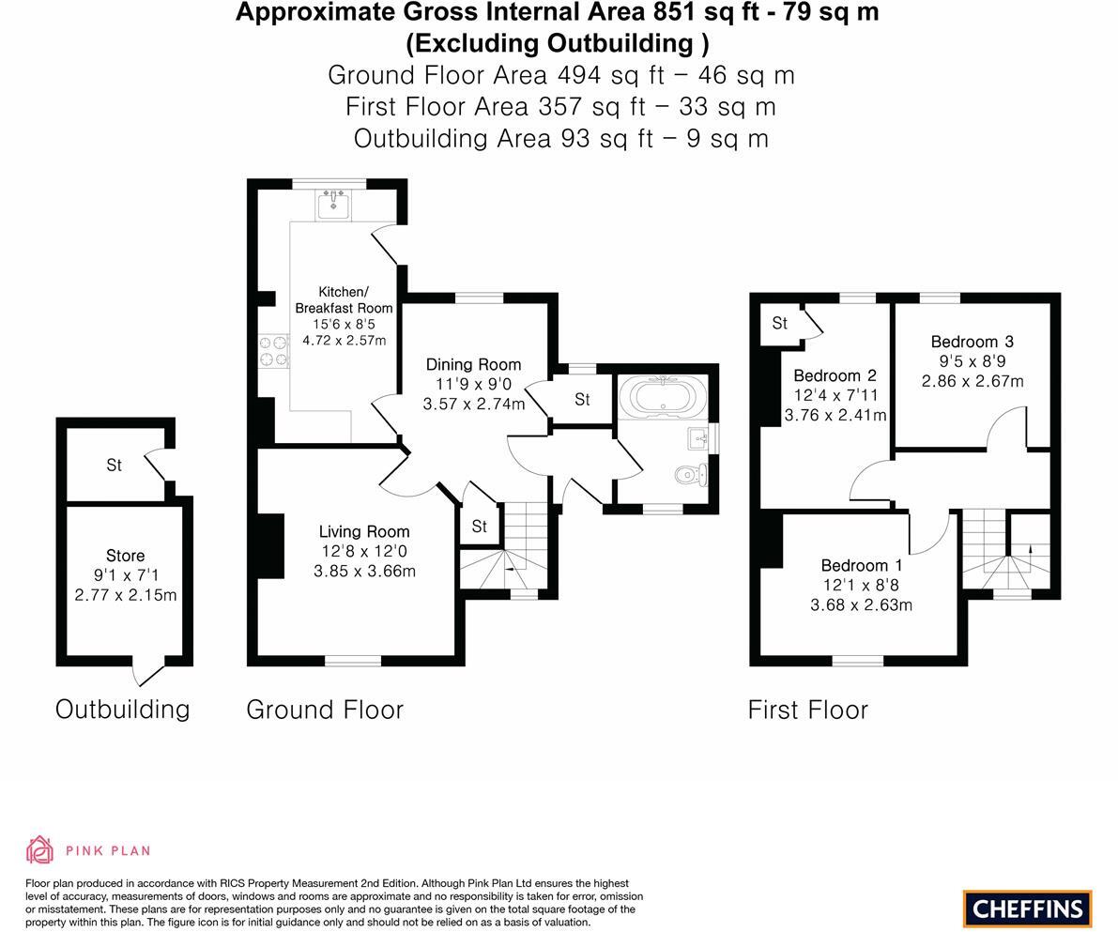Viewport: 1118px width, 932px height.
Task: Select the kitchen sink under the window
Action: [x=333, y=204]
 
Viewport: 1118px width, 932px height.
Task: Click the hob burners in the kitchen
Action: [x=273, y=351]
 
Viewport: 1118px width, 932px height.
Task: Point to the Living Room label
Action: [x=363, y=531]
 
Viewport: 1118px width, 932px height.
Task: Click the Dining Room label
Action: [x=473, y=364]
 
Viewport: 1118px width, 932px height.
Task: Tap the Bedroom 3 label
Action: [x=972, y=342]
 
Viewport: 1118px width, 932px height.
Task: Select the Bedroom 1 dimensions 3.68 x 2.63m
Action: [x=861, y=604]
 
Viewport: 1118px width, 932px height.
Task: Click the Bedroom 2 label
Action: [x=835, y=375]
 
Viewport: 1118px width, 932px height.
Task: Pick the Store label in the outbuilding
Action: [x=125, y=556]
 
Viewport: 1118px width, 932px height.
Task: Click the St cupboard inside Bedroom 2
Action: [x=779, y=324]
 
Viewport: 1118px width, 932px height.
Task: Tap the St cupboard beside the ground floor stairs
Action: [x=479, y=527]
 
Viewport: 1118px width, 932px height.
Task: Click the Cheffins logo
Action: [x=1027, y=909]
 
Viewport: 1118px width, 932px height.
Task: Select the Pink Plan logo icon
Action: [x=39, y=849]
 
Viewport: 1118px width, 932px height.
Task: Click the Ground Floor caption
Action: [x=325, y=710]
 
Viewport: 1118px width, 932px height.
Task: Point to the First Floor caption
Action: [x=807, y=710]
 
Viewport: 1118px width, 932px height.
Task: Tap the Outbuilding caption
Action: [x=122, y=709]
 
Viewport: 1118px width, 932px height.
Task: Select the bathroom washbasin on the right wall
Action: [x=699, y=437]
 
